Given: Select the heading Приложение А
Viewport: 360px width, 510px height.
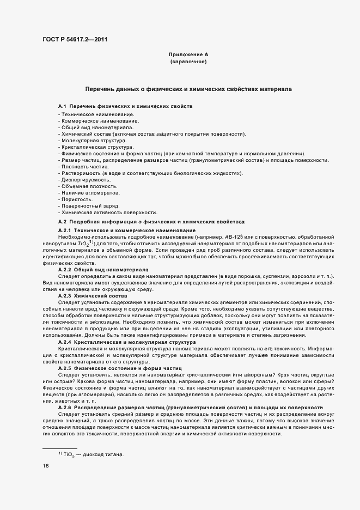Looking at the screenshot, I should [188, 54].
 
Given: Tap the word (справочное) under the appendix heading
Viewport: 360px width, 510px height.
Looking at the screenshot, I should [188, 62].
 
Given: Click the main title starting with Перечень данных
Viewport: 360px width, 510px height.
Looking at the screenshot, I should [188, 88].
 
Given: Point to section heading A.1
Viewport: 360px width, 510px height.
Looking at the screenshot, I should [125, 105].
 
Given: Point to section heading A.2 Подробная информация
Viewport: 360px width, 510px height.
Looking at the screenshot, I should [151, 222].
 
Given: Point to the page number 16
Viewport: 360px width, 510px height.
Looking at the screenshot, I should [46, 466].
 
